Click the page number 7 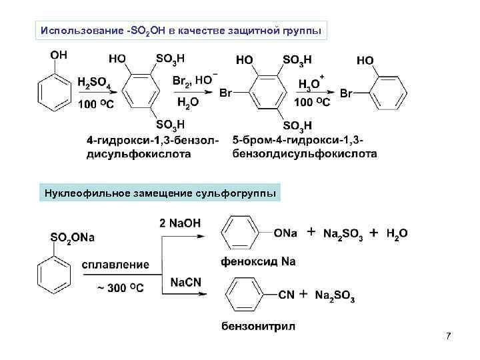[448, 335]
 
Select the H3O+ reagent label [310, 83]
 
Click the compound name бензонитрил [258, 326]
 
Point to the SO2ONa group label [73, 238]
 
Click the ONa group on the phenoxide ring [285, 233]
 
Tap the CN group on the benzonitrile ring [285, 294]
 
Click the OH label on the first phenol [59, 55]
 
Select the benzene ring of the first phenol [53, 93]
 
